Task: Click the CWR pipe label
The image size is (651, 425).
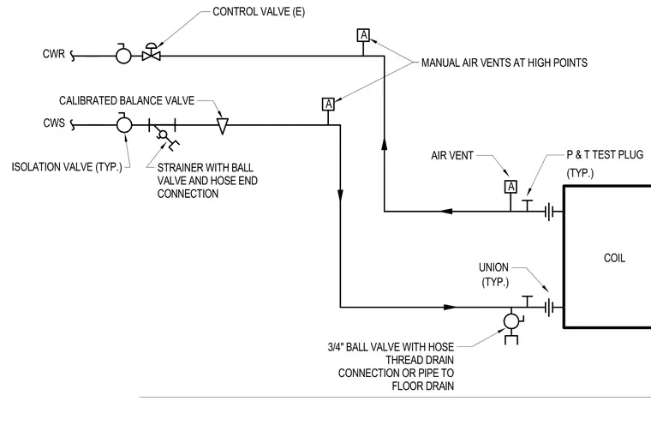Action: click(54, 54)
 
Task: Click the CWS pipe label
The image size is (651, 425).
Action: click(54, 123)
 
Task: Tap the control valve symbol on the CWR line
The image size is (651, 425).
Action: click(152, 52)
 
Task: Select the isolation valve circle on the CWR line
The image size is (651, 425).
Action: click(123, 55)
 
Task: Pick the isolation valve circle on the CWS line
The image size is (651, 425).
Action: click(123, 124)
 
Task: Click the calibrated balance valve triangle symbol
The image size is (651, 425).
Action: click(223, 126)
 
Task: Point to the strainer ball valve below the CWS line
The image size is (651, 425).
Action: click(163, 135)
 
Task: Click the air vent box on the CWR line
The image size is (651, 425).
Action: click(363, 35)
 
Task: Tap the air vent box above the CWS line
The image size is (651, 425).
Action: click(328, 105)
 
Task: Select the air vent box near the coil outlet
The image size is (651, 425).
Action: click(511, 187)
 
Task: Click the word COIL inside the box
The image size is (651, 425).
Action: click(614, 258)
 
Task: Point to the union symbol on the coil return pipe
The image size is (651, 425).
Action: click(549, 212)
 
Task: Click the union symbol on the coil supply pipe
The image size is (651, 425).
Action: click(549, 308)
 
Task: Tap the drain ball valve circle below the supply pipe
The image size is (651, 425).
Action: click(511, 321)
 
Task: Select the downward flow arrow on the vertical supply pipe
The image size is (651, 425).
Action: click(340, 195)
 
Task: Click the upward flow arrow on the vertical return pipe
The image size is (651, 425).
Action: click(384, 144)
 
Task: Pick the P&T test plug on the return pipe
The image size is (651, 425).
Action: click(528, 206)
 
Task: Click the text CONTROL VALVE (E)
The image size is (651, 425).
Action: click(259, 12)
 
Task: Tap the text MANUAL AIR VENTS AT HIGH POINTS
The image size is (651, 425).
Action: click(505, 63)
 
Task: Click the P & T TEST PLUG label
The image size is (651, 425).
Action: click(605, 155)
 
